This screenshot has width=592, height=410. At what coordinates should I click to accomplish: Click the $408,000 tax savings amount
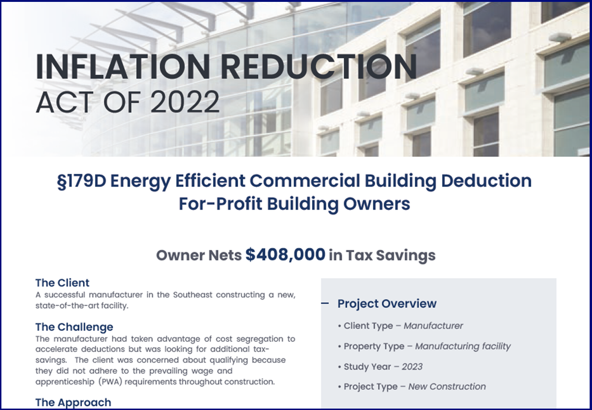285,254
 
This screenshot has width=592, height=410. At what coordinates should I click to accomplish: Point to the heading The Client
62,283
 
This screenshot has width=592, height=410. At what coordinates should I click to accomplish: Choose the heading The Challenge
74,327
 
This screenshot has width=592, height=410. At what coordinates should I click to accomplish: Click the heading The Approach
73,402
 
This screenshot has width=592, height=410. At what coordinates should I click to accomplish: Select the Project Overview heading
387,304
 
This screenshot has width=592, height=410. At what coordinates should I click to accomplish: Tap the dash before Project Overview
325,303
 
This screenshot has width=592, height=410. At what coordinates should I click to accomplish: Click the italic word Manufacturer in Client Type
433,326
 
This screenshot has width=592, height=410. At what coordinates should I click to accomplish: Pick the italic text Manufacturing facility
463,346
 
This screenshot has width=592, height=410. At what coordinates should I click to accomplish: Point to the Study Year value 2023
412,367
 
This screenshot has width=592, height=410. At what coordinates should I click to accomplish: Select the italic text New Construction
447,386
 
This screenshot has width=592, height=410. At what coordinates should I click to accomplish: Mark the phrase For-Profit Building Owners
294,204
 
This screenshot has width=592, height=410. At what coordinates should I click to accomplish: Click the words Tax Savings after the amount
391,255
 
